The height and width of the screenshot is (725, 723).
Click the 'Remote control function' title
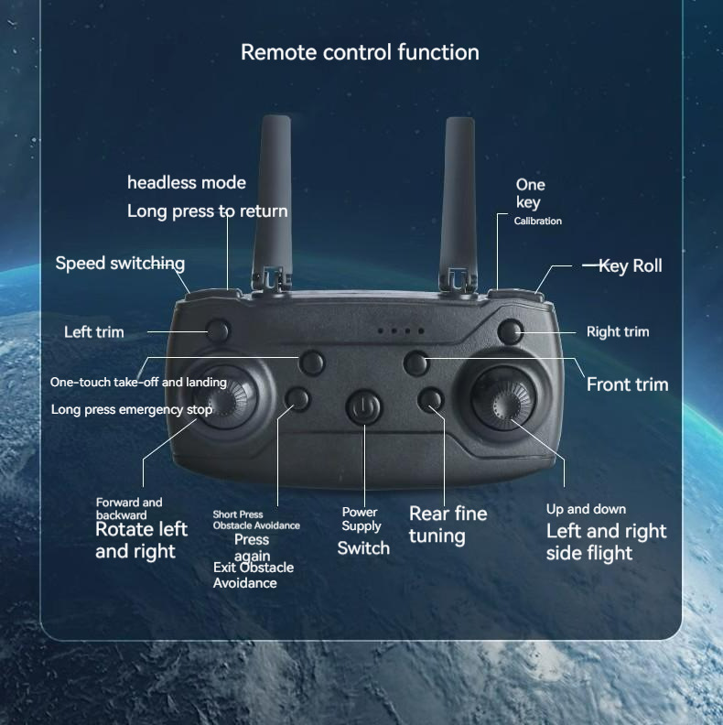pos(360,52)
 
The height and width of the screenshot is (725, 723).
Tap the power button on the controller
pos(363,407)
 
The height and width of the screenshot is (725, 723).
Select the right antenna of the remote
pos(459,197)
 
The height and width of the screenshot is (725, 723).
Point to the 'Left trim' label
pos(93,331)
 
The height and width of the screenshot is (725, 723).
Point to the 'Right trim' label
pos(617,331)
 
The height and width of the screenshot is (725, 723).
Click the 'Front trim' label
pos(627,384)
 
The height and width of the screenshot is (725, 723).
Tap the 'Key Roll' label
pos(630,265)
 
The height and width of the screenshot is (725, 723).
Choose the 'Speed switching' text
pos(120,264)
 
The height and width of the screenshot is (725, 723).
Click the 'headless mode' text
pos(187,182)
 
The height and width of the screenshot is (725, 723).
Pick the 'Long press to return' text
pos(207,211)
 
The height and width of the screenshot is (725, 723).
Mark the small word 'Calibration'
pos(538,222)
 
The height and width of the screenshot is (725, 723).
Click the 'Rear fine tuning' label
pos(448,525)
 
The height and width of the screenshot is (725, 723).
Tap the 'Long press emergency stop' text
pos(132,409)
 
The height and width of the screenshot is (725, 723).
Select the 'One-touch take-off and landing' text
pos(138,382)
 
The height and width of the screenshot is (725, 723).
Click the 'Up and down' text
pos(586,509)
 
